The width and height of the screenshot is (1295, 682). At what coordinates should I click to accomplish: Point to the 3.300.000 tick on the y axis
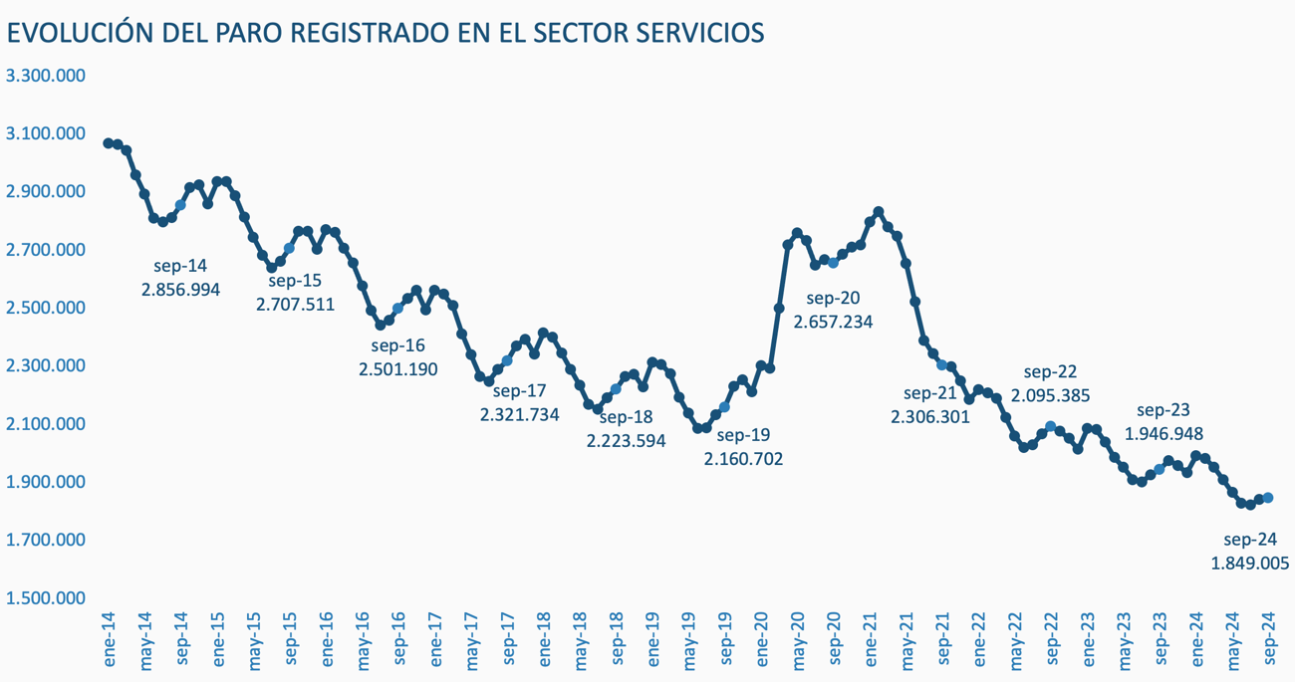pyautogui.click(x=46, y=76)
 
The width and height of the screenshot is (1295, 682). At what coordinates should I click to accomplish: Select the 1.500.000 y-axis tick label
pyautogui.click(x=46, y=598)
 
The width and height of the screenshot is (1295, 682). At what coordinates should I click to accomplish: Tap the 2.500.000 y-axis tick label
pyautogui.click(x=46, y=308)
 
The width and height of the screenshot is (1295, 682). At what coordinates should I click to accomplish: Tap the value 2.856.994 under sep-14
pyautogui.click(x=180, y=289)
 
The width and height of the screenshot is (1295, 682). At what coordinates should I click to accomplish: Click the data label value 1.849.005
pyautogui.click(x=1250, y=563)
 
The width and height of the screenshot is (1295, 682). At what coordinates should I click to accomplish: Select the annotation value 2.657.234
pyautogui.click(x=833, y=321)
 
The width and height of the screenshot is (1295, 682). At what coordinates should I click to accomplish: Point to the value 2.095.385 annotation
pyautogui.click(x=1050, y=395)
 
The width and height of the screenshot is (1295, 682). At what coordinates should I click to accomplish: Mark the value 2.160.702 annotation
pyautogui.click(x=743, y=459)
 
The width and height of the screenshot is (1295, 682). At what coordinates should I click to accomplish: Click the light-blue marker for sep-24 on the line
pyautogui.click(x=1268, y=498)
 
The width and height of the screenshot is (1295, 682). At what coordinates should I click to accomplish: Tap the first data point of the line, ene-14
pyautogui.click(x=109, y=143)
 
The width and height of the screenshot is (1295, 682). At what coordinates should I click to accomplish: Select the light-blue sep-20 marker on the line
pyautogui.click(x=834, y=263)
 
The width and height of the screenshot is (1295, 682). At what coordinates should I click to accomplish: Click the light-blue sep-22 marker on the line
pyautogui.click(x=1051, y=427)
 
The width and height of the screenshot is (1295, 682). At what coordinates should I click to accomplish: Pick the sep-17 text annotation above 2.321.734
pyautogui.click(x=519, y=391)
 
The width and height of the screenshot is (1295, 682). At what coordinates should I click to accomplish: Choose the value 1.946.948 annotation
pyautogui.click(x=1164, y=434)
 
